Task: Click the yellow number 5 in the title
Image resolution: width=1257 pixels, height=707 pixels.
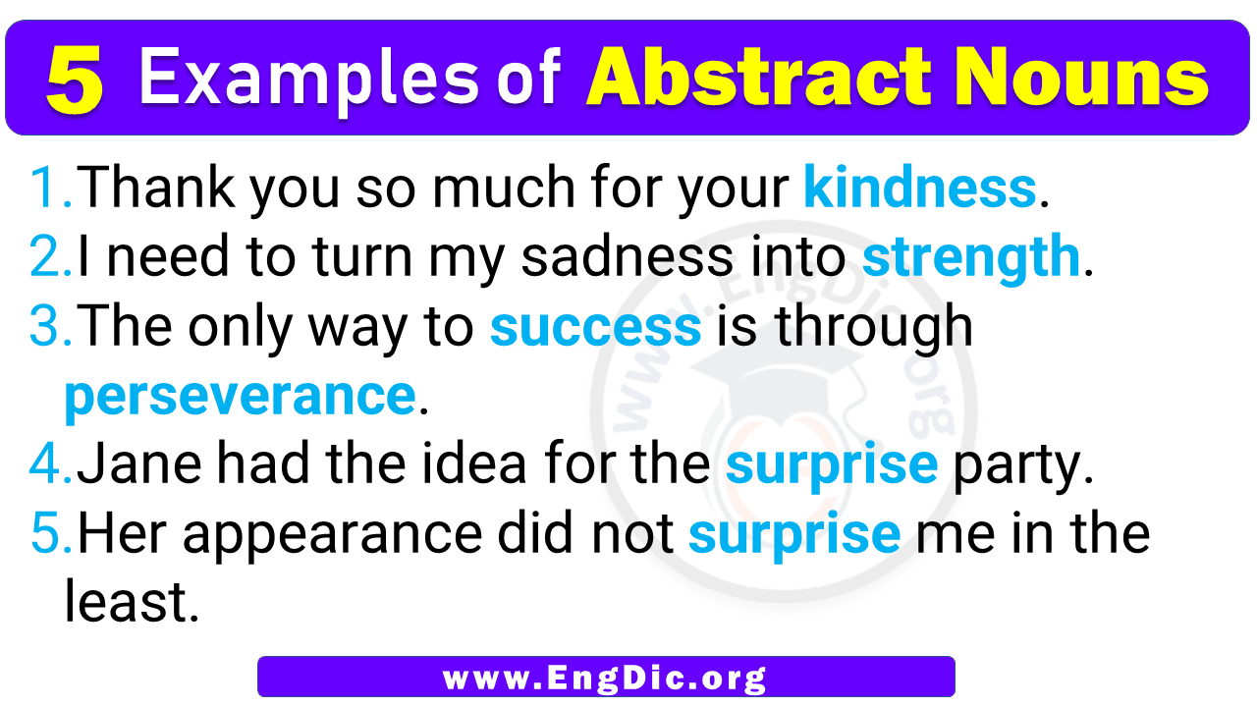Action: [x=76, y=80]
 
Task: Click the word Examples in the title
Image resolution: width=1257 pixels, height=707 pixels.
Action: [x=308, y=80]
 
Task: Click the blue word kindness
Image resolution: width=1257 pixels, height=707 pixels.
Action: [x=920, y=187]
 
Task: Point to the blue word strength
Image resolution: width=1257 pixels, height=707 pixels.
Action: [x=971, y=257]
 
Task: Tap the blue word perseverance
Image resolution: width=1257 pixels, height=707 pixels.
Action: [x=241, y=396]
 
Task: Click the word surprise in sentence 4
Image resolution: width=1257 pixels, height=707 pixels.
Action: [x=832, y=464]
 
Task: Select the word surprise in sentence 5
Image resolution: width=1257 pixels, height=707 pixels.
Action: [x=794, y=534]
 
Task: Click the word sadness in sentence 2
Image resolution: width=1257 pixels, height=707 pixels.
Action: [x=628, y=256]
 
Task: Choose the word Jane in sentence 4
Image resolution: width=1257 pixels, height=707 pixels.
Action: [x=139, y=463]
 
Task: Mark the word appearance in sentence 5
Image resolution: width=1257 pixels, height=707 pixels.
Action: [x=332, y=536]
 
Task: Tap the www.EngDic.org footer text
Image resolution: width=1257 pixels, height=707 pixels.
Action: [x=605, y=678]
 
